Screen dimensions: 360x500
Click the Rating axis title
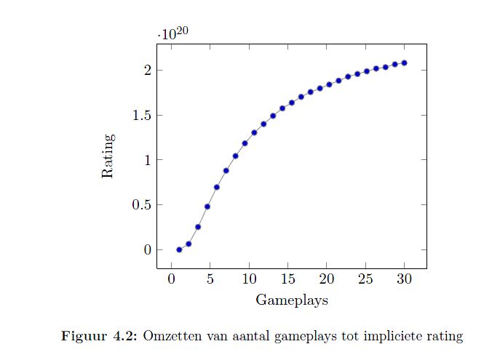[x=108, y=156]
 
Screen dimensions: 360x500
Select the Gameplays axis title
[x=291, y=300]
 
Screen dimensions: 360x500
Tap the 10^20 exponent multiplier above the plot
[x=174, y=33]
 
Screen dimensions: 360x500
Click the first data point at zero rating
[x=179, y=249]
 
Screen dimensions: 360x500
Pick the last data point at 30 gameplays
[x=404, y=63]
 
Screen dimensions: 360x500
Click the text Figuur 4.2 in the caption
[x=100, y=336]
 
